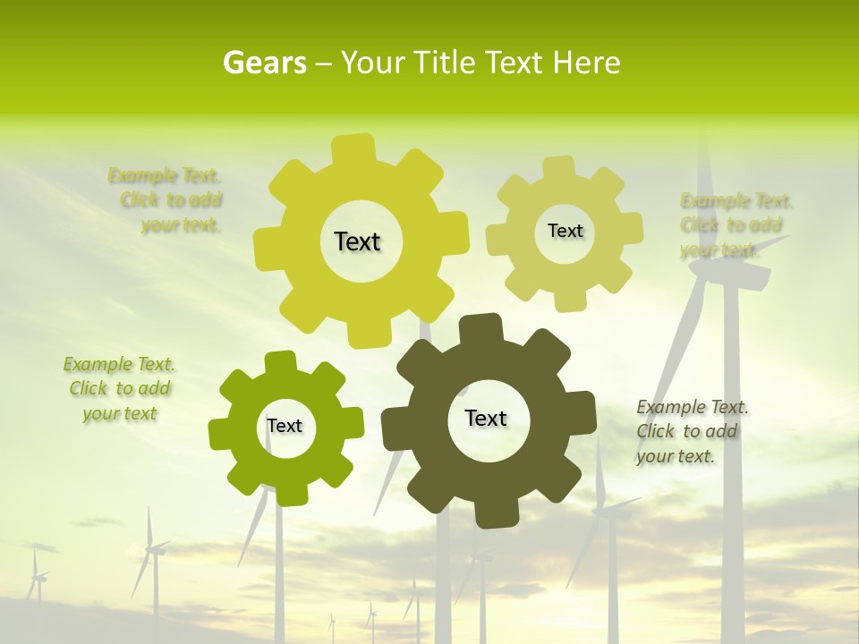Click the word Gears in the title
click(264, 63)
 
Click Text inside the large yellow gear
click(357, 241)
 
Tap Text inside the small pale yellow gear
click(565, 231)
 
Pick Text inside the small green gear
click(284, 426)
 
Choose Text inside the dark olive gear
click(486, 418)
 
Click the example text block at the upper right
click(736, 225)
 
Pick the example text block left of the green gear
click(119, 389)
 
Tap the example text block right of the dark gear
click(691, 431)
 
